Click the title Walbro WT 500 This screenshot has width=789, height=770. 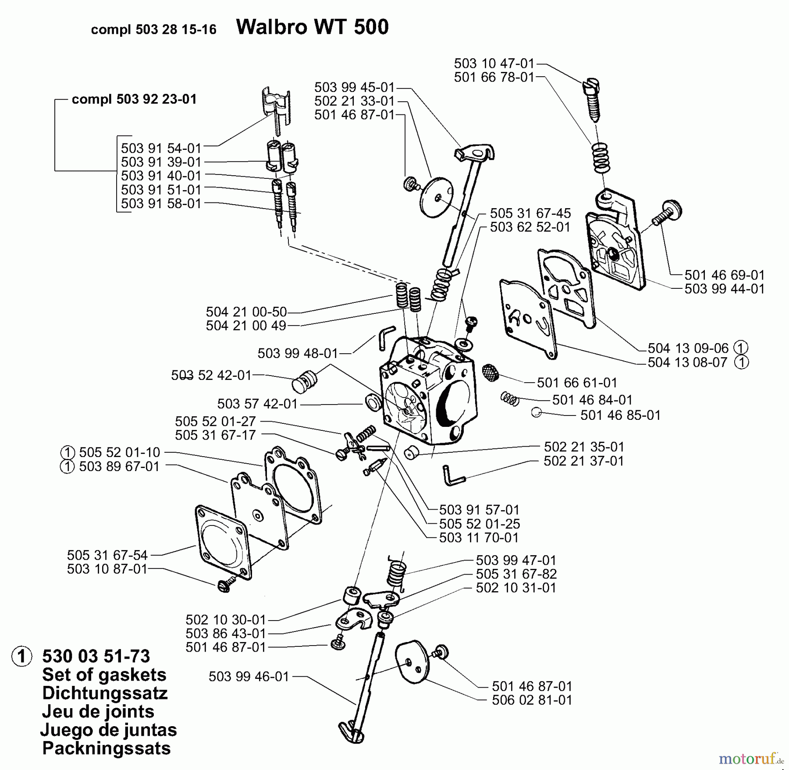pos(312,27)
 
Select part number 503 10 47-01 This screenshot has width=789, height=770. pos(494,64)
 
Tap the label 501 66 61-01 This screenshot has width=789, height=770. pos(577,383)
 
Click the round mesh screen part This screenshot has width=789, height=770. pos(490,372)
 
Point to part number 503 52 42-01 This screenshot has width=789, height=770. pos(211,375)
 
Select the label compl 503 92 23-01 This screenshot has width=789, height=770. pos(134,99)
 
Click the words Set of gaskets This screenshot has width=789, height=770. pos(104,674)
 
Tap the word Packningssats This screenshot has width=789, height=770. pos(107,748)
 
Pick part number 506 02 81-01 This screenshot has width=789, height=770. pos(532,700)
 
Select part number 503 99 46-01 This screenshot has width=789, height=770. pos(249,677)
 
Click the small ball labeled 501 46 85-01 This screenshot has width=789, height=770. pos(536,412)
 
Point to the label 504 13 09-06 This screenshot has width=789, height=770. pos(688,348)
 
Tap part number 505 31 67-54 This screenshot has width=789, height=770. pos(107,555)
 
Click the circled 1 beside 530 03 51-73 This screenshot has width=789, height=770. pos(22,656)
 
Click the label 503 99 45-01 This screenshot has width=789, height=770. pos(355,87)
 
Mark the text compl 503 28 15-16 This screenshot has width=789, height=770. pos(153,29)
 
